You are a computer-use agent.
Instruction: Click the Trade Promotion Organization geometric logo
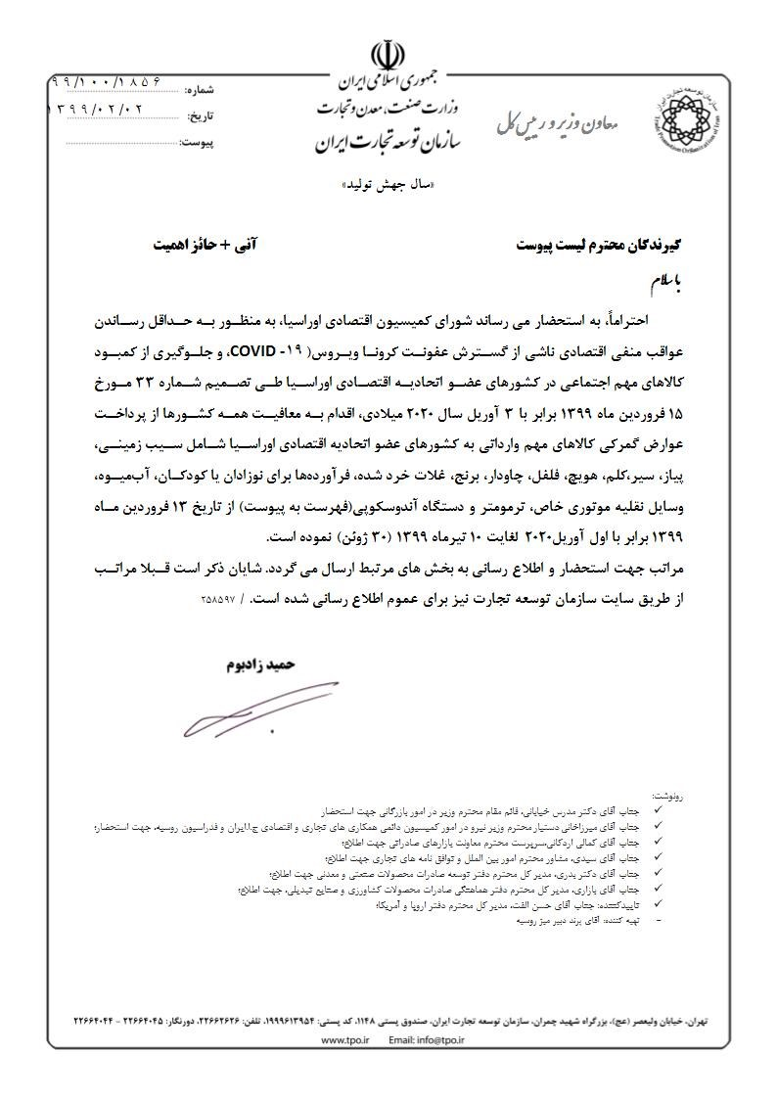[x=686, y=118]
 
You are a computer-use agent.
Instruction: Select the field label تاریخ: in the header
[x=200, y=116]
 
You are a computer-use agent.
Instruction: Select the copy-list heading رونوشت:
[x=670, y=799]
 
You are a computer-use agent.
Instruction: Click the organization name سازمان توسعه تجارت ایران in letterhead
[x=388, y=142]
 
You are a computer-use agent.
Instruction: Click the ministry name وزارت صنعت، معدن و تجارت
[x=388, y=105]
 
